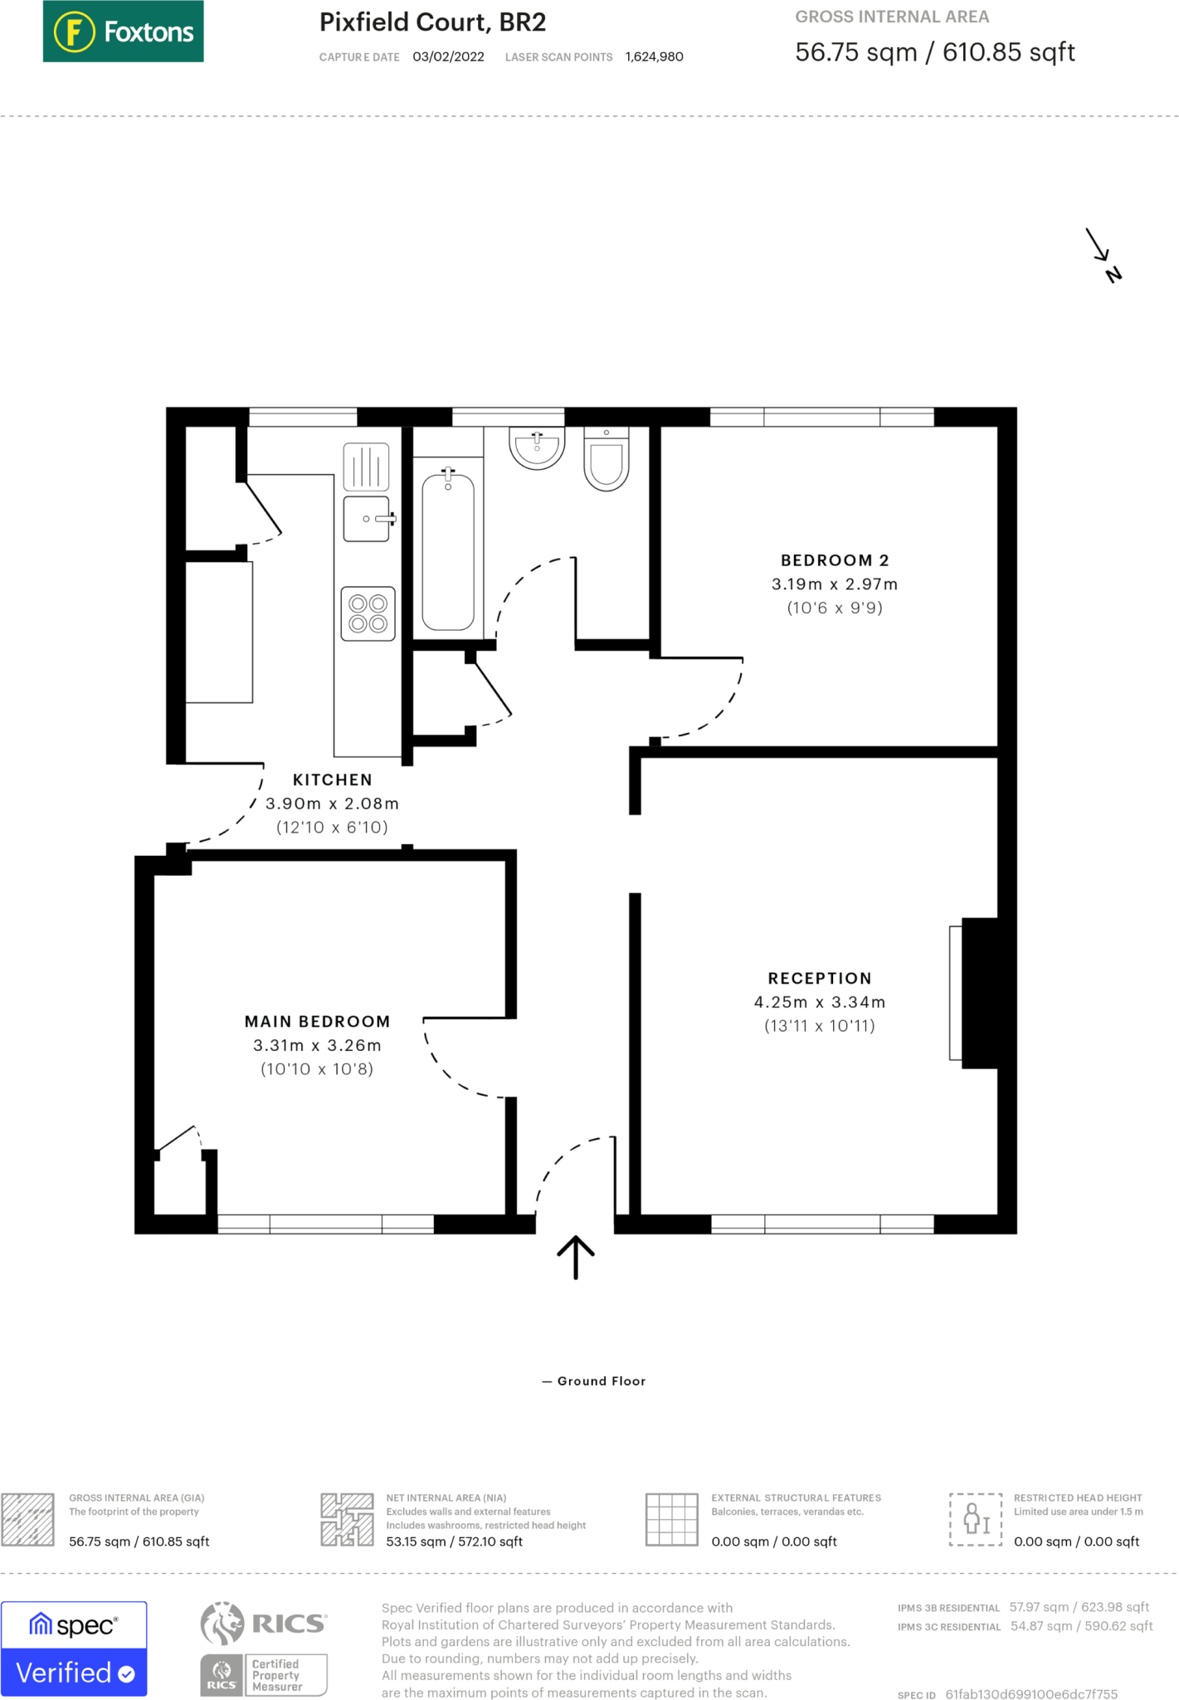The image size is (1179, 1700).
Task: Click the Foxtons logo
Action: [123, 32]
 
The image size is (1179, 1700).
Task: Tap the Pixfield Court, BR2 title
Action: [432, 22]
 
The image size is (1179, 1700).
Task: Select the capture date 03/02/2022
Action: [448, 56]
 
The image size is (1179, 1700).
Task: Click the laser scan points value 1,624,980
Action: [654, 56]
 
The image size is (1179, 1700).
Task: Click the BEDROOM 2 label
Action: [835, 560]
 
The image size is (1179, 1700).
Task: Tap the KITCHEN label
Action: [333, 779]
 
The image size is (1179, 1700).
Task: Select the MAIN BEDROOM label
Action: [317, 1021]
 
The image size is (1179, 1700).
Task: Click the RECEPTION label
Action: [820, 978]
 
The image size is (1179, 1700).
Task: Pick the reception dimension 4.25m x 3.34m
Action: [820, 1002]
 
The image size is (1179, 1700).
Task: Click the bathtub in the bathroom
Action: [448, 550]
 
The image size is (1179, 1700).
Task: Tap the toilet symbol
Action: [607, 459]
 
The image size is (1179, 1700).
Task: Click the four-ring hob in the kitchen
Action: [368, 613]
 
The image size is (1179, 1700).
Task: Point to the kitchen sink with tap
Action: [367, 519]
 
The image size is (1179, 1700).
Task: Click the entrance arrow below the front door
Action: [576, 1257]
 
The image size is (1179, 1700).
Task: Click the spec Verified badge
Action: [74, 1648]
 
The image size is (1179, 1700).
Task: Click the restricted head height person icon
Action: [976, 1519]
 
